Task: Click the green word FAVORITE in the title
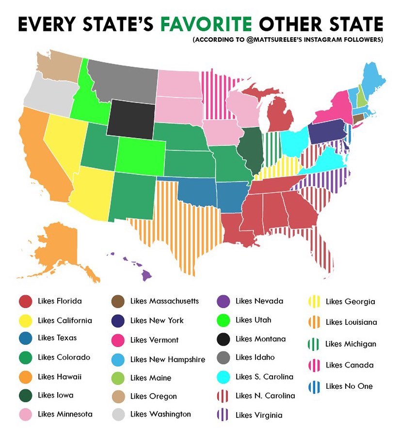[x=207, y=24]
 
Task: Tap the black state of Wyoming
[x=129, y=118]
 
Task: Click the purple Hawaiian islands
[x=145, y=274]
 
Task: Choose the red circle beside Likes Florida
[x=25, y=302]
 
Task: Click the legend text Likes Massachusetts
[x=164, y=301]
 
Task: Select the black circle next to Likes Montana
[x=223, y=339]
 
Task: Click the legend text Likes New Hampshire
[x=167, y=359]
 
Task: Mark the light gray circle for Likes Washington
[x=118, y=414]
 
